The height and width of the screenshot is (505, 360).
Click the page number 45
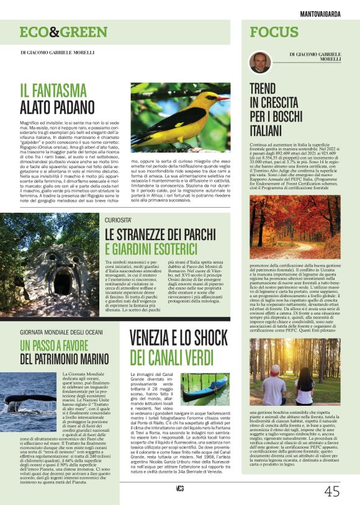(x=331, y=491)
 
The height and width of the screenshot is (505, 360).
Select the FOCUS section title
(x=276, y=32)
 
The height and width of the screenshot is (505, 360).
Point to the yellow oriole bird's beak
(x=222, y=97)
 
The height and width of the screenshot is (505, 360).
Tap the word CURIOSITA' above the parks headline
(x=118, y=220)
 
